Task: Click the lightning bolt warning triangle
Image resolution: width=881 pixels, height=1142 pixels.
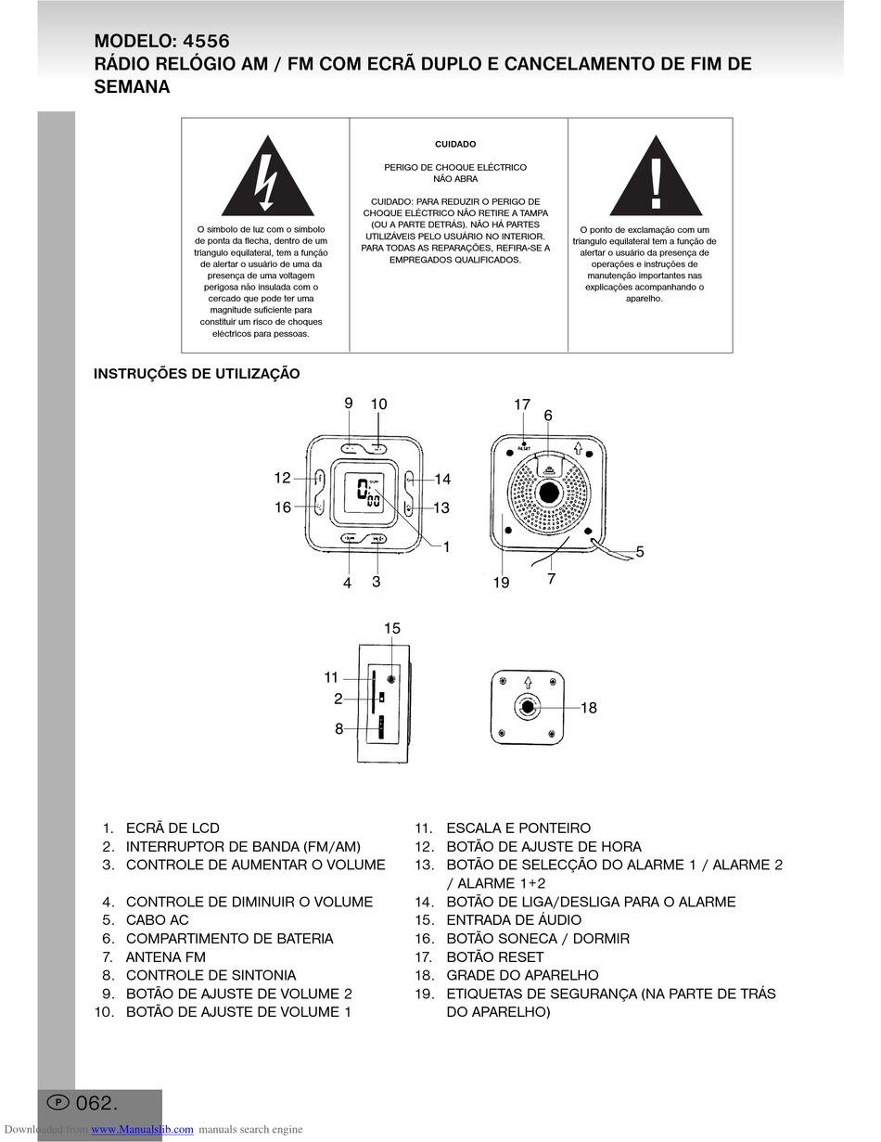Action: click(267, 179)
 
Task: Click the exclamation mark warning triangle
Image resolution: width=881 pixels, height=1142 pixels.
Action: click(656, 179)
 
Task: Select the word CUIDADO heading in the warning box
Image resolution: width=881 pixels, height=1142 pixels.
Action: click(455, 145)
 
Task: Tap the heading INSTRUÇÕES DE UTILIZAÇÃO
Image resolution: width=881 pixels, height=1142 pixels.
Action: click(197, 374)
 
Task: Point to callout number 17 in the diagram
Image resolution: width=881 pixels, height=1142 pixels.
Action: click(522, 404)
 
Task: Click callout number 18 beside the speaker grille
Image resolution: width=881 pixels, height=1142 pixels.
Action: click(589, 708)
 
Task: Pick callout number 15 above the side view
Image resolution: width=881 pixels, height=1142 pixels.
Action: click(392, 628)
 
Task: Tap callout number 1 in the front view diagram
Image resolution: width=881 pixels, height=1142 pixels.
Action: click(446, 547)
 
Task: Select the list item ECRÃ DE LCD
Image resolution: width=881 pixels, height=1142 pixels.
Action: click(172, 828)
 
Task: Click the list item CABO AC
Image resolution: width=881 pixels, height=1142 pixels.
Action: click(157, 920)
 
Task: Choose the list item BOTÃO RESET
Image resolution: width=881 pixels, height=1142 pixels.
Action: click(494, 957)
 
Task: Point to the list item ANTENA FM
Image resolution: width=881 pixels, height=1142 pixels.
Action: click(165, 957)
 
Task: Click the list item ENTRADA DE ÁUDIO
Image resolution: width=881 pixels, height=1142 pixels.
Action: click(514, 920)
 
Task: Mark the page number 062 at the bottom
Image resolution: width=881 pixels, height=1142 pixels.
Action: click(96, 1103)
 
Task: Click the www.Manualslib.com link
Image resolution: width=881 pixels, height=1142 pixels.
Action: click(142, 1130)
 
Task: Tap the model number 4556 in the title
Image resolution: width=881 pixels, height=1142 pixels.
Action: click(206, 41)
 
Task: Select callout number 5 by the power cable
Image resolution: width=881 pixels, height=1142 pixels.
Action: click(640, 552)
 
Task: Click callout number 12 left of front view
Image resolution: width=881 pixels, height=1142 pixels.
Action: click(282, 478)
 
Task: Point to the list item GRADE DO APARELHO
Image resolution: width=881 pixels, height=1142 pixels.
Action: click(522, 976)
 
